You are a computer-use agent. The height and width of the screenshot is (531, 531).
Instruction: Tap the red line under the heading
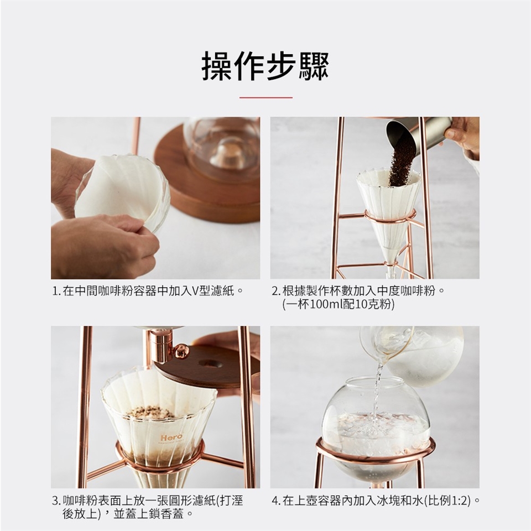click(266, 97)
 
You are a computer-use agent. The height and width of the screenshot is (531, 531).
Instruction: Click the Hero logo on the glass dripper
click(171, 437)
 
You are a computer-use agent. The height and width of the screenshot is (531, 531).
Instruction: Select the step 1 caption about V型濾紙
click(148, 291)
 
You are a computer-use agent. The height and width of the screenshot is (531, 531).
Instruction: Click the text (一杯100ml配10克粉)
click(339, 304)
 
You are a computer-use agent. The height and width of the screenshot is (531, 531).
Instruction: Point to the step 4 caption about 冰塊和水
click(376, 501)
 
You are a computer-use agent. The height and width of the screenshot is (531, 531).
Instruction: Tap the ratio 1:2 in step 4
click(460, 501)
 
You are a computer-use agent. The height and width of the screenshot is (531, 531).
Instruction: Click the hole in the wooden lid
click(211, 364)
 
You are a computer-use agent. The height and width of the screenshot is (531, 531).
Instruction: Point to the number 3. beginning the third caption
click(56, 501)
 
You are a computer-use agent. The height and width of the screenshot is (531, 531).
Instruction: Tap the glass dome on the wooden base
click(222, 149)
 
